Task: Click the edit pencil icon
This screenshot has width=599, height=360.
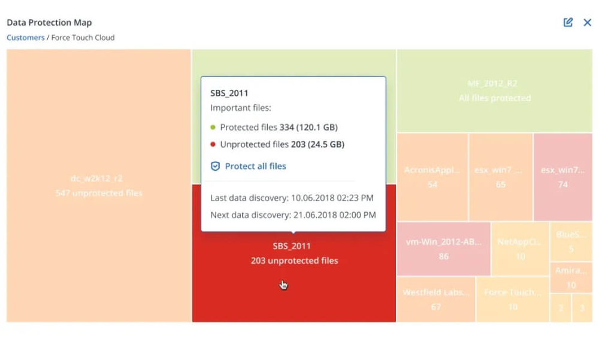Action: [x=568, y=23]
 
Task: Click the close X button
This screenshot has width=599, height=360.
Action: [x=587, y=23]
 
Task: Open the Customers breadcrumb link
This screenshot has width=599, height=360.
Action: [x=26, y=37]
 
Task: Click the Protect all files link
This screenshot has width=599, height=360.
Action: [x=255, y=166]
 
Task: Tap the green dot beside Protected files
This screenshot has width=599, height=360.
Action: [x=213, y=128]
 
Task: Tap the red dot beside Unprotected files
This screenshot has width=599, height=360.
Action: [x=213, y=144]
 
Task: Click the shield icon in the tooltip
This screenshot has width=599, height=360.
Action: [x=216, y=166]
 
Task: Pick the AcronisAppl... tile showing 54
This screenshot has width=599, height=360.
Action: [x=432, y=177]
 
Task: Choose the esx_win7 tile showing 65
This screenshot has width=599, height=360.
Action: [x=500, y=177]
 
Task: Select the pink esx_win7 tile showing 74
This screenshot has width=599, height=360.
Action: [x=562, y=177]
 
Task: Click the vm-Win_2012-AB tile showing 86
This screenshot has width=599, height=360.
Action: [x=443, y=249]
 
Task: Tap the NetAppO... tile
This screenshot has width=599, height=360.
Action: [x=520, y=249]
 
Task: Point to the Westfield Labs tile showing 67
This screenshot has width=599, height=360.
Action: [x=435, y=300]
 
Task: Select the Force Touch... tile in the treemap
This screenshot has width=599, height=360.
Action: [x=512, y=300]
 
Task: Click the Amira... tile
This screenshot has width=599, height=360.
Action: [x=571, y=277]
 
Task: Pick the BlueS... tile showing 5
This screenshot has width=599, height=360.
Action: [x=571, y=241]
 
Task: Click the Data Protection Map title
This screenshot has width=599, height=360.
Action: [x=49, y=23]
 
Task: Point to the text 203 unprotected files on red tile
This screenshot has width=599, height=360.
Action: [x=294, y=261]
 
